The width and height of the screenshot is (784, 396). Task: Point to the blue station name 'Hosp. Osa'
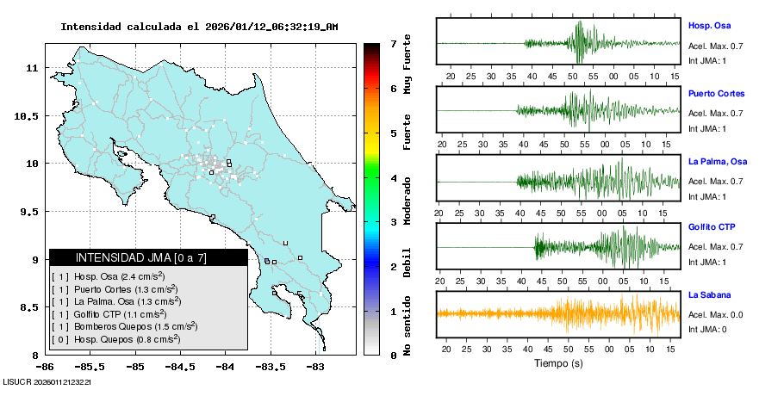(x=708, y=26)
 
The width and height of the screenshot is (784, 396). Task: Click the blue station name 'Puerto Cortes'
(x=716, y=93)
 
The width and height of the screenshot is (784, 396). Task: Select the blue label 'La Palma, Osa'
(x=717, y=161)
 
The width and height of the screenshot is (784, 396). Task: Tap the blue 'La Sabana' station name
(x=710, y=295)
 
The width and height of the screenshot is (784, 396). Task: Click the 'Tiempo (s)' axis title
(x=558, y=363)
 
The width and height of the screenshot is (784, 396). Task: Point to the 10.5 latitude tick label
(x=29, y=115)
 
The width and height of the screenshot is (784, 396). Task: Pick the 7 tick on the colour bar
(x=393, y=43)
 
